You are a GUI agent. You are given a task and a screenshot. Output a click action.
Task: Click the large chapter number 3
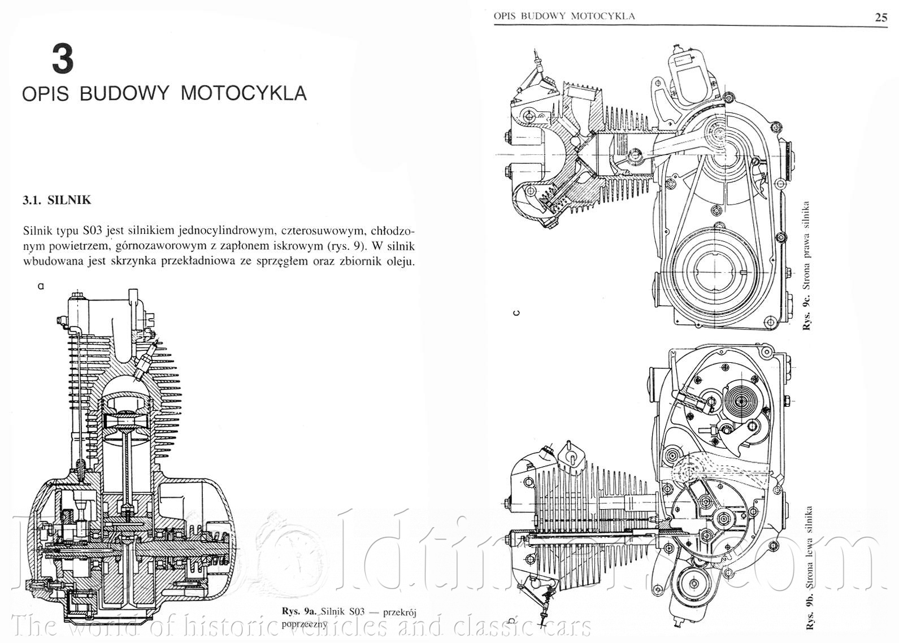(63, 59)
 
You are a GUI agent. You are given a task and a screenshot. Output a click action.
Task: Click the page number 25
(881, 17)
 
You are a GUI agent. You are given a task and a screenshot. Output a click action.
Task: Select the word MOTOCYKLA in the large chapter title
(244, 93)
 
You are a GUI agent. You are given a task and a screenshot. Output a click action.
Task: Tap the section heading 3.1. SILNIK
(57, 199)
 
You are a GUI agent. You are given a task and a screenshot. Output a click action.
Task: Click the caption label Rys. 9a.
(299, 611)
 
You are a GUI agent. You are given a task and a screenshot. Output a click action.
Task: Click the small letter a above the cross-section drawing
(40, 286)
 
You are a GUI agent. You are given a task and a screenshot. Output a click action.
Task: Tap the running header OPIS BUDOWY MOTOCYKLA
(564, 16)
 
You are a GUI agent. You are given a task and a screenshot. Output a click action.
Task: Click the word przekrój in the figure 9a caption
(399, 611)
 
